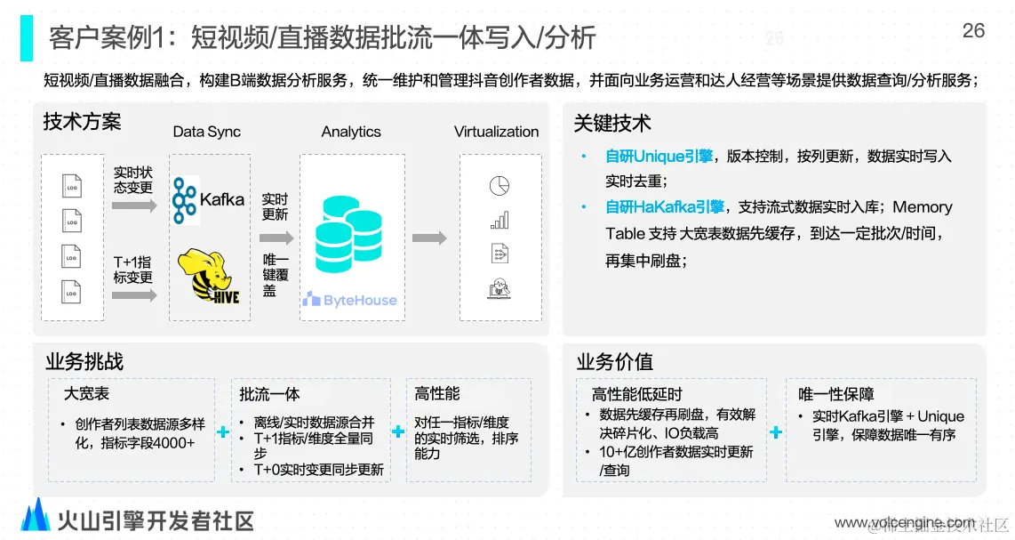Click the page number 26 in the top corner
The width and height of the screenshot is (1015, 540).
pyautogui.click(x=973, y=31)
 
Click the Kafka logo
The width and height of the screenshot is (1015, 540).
pyautogui.click(x=209, y=199)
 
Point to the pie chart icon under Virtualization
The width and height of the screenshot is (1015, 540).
pyautogui.click(x=499, y=186)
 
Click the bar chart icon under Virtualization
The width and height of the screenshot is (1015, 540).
pyautogui.click(x=499, y=220)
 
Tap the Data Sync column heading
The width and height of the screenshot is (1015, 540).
pyautogui.click(x=206, y=132)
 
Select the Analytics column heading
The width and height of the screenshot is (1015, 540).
pyautogui.click(x=351, y=132)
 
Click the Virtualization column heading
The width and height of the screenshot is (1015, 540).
pyautogui.click(x=496, y=132)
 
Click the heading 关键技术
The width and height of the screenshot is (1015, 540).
pyautogui.click(x=612, y=124)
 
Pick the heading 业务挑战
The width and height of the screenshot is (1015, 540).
pyautogui.click(x=84, y=361)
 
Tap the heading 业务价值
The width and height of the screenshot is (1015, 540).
pyautogui.click(x=615, y=361)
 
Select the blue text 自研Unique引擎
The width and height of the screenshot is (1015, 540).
pyautogui.click(x=659, y=157)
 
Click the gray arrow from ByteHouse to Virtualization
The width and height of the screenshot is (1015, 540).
pyautogui.click(x=429, y=238)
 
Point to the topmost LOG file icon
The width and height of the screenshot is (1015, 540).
pyautogui.click(x=72, y=186)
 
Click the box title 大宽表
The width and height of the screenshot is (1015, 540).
pyautogui.click(x=87, y=393)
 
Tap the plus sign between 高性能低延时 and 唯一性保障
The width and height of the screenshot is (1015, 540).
pyautogui.click(x=775, y=432)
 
